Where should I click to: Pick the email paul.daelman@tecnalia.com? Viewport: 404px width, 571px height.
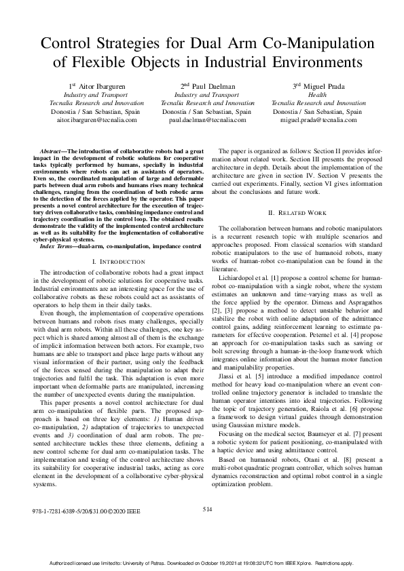tap(207, 119)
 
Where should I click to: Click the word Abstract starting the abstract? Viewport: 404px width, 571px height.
tap(54, 147)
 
